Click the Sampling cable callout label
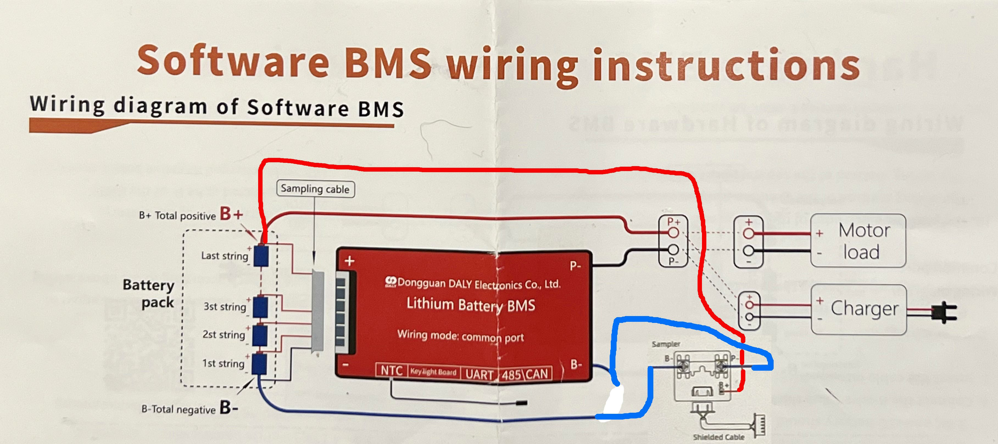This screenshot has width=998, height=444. click(x=315, y=189)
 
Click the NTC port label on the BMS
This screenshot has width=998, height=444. click(x=391, y=371)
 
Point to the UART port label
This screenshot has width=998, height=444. click(x=479, y=374)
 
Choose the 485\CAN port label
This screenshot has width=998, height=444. click(x=525, y=374)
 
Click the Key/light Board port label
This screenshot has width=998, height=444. click(x=434, y=372)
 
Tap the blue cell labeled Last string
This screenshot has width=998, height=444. click(x=261, y=256)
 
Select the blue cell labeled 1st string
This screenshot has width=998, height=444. click(x=259, y=364)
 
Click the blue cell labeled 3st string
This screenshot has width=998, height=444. click(x=260, y=307)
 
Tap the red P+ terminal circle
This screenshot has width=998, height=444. click(x=673, y=233)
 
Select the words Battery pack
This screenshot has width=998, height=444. click(x=149, y=293)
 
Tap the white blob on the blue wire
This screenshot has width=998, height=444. click(x=613, y=401)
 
